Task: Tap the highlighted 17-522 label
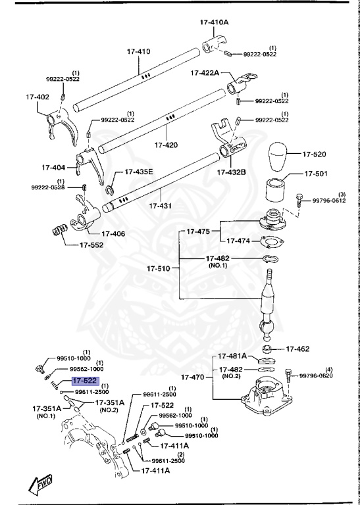(85, 381)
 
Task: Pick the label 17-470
(193, 378)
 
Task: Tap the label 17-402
(38, 97)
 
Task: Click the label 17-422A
(206, 72)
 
